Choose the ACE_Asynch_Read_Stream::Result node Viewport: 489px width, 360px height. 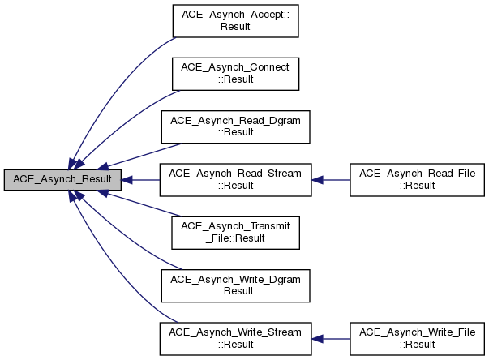235,180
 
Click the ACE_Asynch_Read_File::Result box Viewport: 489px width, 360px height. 416,180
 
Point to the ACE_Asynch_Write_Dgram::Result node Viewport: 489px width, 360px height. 235,285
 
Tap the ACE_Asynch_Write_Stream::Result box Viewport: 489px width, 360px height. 235,338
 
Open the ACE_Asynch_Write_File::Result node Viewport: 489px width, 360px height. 416,338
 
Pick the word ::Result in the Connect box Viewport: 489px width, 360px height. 235,79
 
